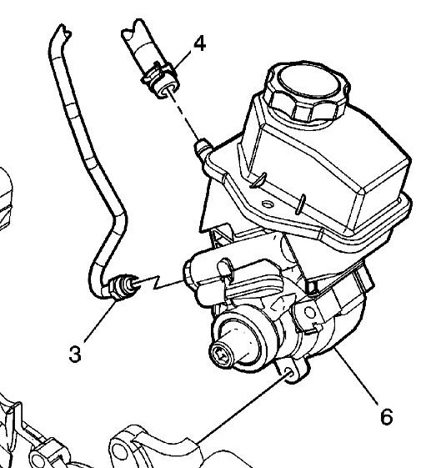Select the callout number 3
click(74, 355)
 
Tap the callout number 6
click(386, 415)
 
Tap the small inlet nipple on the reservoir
click(200, 149)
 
